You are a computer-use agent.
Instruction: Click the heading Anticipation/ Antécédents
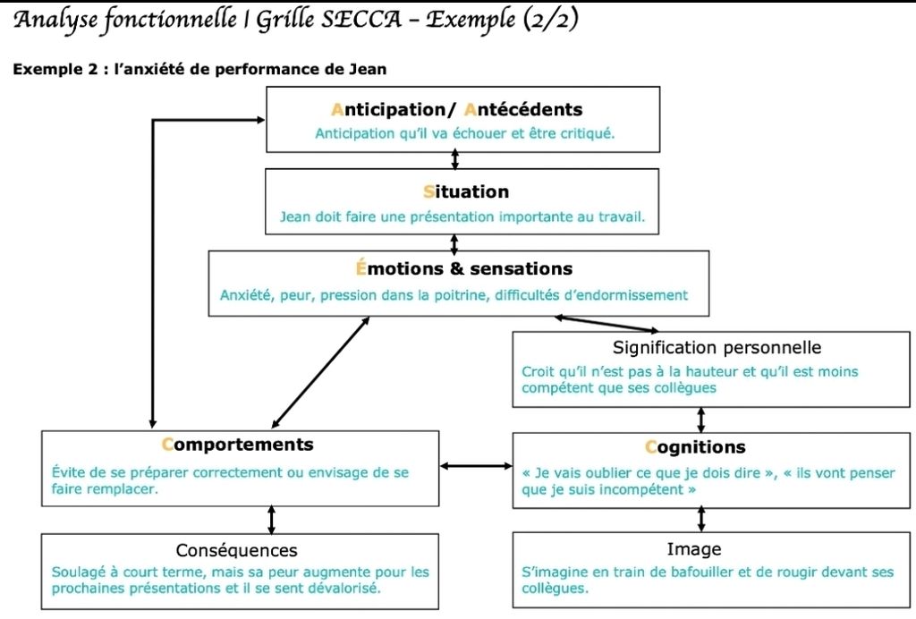click(456, 110)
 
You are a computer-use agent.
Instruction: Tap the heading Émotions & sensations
click(458, 268)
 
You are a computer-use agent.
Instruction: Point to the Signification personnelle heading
click(717, 347)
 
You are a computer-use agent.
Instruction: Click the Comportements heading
click(238, 445)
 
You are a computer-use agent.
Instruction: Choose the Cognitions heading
click(695, 447)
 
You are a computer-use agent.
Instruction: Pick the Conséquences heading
click(237, 550)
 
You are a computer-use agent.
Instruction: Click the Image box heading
click(694, 548)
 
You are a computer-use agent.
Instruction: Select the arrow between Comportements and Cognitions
click(476, 465)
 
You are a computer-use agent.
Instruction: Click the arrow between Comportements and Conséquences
click(272, 520)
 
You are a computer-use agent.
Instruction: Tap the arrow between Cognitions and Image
click(701, 520)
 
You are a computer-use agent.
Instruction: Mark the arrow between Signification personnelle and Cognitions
click(701, 420)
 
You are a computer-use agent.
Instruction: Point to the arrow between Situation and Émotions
click(454, 242)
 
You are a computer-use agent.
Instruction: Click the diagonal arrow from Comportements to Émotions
click(320, 371)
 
